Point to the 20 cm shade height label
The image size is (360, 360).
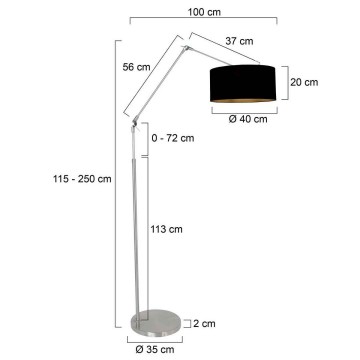point(305,84)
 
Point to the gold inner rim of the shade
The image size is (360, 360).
point(244,100)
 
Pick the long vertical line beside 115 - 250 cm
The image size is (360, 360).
point(115,179)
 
